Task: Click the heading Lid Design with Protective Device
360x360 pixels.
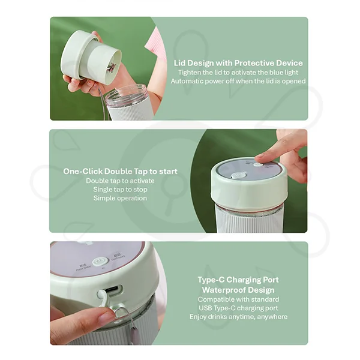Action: coord(238,62)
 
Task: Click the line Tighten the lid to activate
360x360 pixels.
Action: coord(238,72)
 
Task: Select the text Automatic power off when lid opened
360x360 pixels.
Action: coord(238,81)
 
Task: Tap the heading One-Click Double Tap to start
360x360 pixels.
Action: coord(120,171)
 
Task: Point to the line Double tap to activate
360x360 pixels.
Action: coord(120,181)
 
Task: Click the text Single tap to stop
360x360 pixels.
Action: coord(120,190)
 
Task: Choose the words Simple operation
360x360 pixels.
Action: coord(120,198)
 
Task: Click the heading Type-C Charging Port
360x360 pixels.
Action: coord(238,280)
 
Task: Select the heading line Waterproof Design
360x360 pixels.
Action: coord(238,289)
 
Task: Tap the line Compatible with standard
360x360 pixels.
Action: coord(238,299)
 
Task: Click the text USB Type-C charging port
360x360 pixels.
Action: coord(238,307)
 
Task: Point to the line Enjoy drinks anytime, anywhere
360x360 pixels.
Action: coord(238,316)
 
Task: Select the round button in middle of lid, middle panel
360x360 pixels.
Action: coord(239,176)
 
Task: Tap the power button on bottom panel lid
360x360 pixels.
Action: coord(100,262)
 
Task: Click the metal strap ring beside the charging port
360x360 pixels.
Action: coord(122,312)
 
